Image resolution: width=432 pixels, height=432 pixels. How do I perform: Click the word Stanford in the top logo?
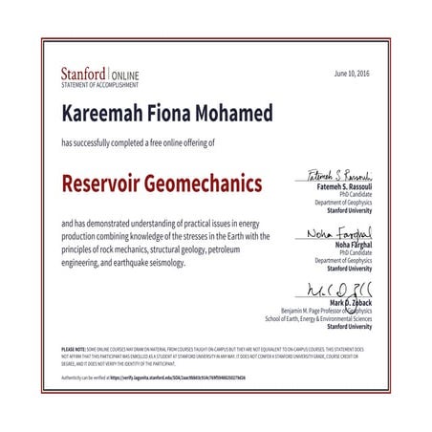83,72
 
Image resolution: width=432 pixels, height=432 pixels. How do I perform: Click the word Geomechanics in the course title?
210,182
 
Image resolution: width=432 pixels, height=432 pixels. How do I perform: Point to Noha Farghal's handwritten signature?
339,233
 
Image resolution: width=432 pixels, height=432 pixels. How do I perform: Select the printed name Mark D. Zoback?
349,301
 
